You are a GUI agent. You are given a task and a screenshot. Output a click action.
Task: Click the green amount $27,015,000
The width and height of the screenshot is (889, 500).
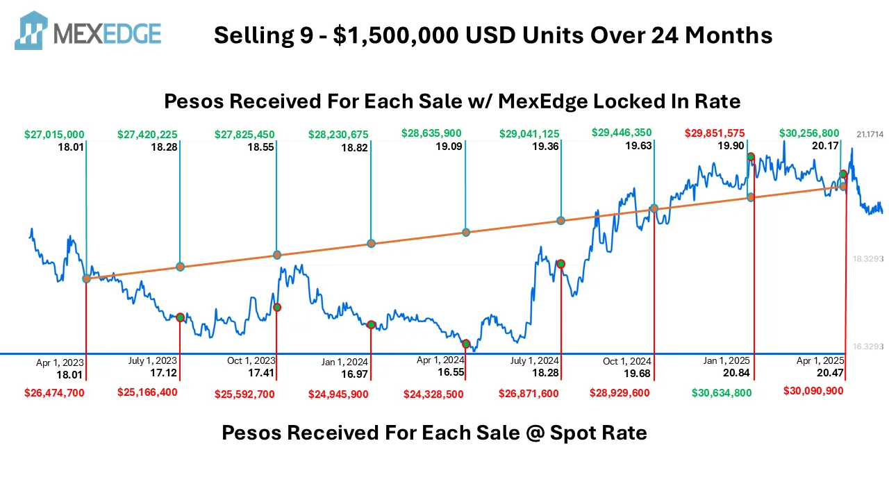[54, 134]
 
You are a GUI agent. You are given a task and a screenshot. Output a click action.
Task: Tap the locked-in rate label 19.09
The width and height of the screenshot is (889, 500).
[447, 147]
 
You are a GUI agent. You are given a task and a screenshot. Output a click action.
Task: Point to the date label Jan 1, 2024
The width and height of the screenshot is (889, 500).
[344, 362]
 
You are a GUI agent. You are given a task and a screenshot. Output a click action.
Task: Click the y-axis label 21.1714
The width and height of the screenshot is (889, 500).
[870, 134]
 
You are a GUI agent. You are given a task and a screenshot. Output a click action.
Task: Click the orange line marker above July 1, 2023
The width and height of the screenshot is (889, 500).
[180, 267]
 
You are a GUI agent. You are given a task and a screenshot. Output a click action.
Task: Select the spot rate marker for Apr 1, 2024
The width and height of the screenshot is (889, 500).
[466, 344]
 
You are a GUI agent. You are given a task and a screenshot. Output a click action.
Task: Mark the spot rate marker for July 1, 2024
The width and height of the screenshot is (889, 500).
[560, 264]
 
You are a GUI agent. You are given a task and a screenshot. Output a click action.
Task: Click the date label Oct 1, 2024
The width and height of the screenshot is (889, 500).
[627, 361]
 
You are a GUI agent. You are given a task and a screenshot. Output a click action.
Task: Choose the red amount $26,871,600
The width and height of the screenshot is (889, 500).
[529, 394]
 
